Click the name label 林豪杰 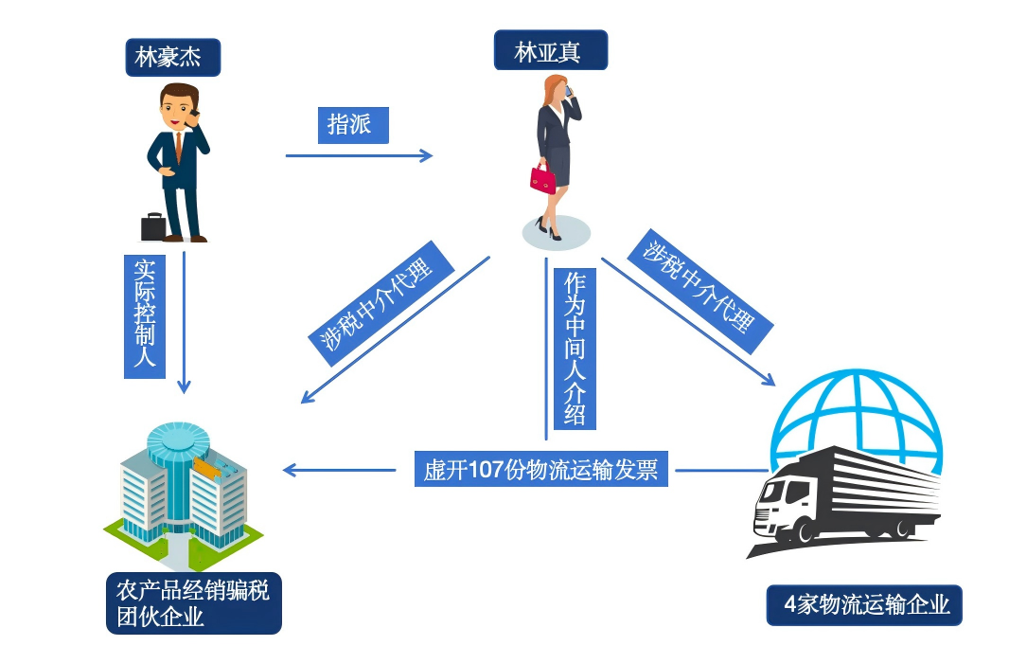point(173,57)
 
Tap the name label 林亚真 point(551,50)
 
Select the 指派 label point(352,125)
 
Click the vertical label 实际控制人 point(145,314)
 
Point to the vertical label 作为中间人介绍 point(574,349)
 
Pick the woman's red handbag point(542,179)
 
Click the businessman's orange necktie point(177,145)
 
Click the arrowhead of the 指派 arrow point(427,155)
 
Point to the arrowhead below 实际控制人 point(184,387)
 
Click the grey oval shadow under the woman point(555,232)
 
